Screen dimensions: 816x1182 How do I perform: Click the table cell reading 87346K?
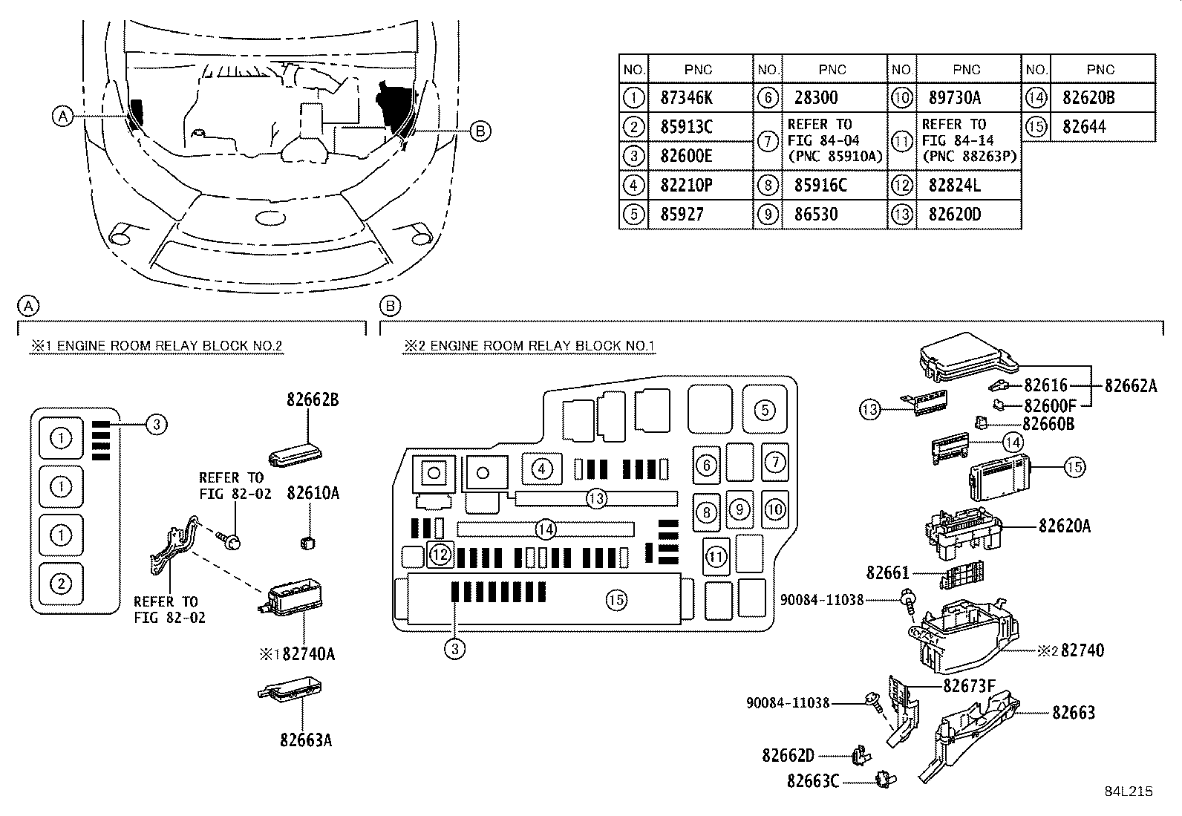[685, 97]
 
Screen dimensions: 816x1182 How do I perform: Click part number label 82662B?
[313, 399]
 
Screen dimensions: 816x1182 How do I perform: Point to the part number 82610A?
[313, 492]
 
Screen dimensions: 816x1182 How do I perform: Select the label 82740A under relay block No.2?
[308, 654]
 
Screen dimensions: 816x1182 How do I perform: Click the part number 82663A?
[306, 740]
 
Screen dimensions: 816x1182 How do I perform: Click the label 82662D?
[788, 756]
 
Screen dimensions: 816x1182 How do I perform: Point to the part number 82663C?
[813, 781]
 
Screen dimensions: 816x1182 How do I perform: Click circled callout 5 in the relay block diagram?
[765, 409]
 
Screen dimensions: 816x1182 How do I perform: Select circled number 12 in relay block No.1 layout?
[440, 553]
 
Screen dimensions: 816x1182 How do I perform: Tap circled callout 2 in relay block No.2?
[60, 584]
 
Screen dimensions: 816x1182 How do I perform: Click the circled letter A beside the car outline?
[63, 116]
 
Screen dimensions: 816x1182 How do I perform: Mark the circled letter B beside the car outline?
[480, 131]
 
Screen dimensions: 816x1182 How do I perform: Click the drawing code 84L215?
[1128, 791]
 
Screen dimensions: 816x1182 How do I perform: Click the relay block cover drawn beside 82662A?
[965, 353]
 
